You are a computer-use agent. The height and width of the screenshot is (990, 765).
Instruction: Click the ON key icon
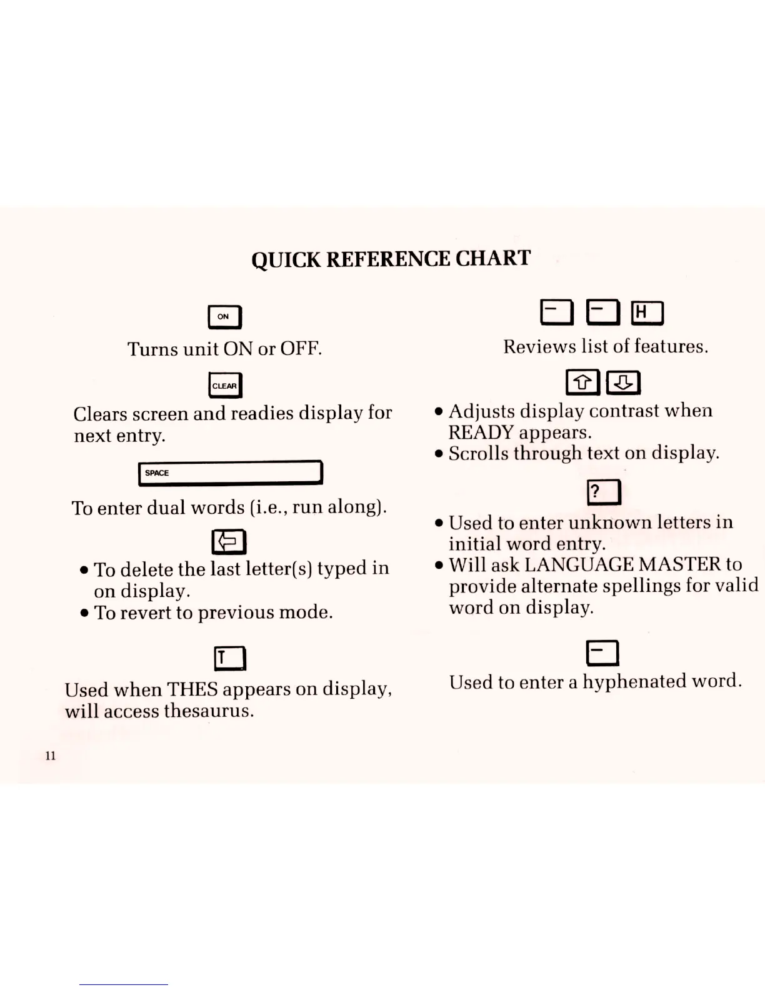224,317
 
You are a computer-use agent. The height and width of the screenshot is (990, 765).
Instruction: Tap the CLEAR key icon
225,386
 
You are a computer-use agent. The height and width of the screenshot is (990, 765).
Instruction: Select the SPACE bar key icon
230,472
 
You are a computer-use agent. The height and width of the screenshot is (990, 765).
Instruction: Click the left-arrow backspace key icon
229,542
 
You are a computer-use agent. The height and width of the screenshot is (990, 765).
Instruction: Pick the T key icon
230,657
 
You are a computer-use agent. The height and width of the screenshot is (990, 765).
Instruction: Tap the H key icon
647,312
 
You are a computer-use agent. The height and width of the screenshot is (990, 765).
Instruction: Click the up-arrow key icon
582,382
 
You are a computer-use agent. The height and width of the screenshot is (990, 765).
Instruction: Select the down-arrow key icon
623,382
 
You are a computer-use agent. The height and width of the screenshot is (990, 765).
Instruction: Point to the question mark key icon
604,492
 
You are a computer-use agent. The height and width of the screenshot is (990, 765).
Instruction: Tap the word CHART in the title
493,258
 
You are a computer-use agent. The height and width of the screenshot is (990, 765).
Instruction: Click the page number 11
51,756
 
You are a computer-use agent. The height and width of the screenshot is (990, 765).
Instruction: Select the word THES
192,689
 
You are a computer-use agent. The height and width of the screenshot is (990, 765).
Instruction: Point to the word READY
481,432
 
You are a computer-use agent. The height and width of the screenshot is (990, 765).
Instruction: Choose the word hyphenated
634,681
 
